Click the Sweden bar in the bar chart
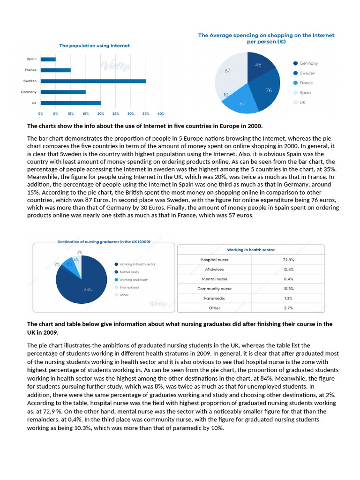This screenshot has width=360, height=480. pos(93,81)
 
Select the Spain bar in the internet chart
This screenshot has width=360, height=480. pos(48,59)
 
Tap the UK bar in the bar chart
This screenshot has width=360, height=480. pos(71,103)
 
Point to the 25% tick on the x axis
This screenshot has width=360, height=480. pos(116,113)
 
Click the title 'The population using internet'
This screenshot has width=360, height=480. pos(94,45)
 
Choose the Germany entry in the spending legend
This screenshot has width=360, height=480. pos(306,63)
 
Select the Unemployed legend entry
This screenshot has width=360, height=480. pos(127,287)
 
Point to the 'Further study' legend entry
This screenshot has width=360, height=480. pos(127,272)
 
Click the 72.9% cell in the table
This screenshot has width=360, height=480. pos(288,260)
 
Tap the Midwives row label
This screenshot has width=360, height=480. pos(214,270)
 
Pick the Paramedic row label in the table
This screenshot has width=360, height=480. pos(214,298)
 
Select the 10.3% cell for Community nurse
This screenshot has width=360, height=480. pos(288,289)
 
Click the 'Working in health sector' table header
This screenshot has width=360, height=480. pos(251,250)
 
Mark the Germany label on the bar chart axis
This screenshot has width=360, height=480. pos(29,92)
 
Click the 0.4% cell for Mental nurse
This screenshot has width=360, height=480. pos(288,279)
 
